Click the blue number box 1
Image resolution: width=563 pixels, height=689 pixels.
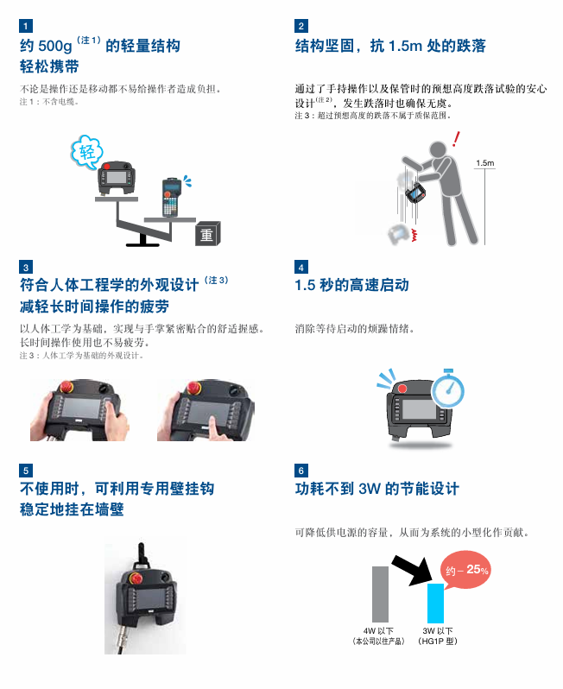26,26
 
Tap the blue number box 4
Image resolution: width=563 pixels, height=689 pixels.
301,267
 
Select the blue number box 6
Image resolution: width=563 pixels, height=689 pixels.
301,471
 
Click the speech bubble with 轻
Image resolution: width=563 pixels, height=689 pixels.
86,152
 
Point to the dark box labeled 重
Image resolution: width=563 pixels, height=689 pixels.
207,233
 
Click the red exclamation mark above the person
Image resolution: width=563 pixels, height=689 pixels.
456,139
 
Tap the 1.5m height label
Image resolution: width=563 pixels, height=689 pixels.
484,163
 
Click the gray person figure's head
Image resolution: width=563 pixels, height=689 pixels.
438,149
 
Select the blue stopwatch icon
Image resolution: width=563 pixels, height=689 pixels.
448,389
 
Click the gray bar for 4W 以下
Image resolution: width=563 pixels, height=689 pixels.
380,594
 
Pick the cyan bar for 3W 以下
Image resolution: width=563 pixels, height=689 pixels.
435,603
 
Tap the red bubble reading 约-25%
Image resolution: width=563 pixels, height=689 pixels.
466,570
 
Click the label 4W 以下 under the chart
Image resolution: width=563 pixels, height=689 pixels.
378,630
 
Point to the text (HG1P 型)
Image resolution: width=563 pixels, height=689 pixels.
438,642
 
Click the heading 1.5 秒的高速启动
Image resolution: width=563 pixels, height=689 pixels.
351,285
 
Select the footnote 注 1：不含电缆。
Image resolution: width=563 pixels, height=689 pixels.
49,102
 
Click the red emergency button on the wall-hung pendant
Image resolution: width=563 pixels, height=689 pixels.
136,578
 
